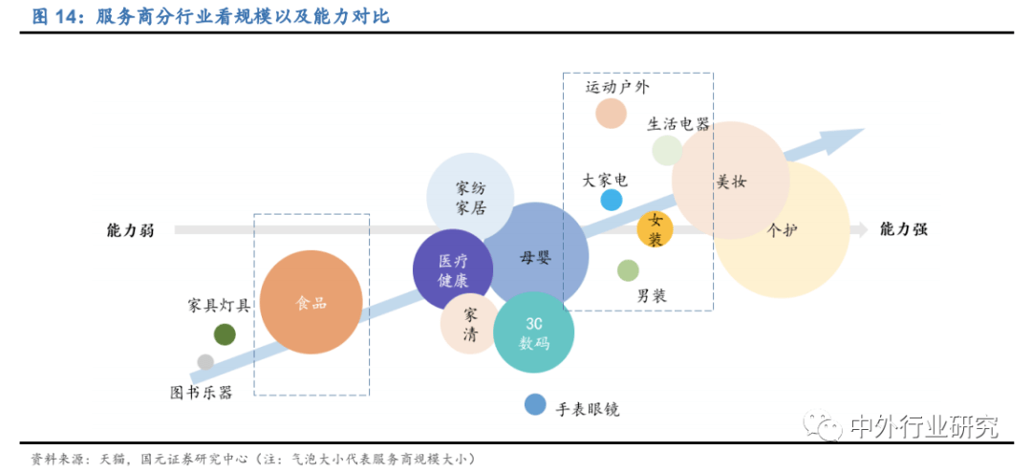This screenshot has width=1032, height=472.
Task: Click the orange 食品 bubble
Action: (x=311, y=304)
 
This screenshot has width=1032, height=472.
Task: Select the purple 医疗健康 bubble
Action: (x=453, y=269)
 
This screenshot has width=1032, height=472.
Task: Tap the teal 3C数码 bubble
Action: (x=533, y=333)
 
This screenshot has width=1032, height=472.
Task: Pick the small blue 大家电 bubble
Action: (x=612, y=200)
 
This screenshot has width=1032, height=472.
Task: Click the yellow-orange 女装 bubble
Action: (x=655, y=229)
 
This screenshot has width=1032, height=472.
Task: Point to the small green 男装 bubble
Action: (x=628, y=269)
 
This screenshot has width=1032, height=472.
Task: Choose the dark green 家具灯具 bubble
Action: (x=225, y=334)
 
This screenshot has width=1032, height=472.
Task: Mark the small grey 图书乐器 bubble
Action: (x=205, y=362)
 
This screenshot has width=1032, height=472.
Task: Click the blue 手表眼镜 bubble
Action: (x=535, y=405)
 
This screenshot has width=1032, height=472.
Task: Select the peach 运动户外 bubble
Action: (x=611, y=114)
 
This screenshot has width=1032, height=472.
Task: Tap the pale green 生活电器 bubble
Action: (x=667, y=150)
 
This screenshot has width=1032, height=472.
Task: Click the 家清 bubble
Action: (x=469, y=324)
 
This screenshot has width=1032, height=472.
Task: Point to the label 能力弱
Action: (x=130, y=230)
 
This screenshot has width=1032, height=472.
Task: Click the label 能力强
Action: (x=904, y=229)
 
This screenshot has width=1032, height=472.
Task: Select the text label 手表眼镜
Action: (x=588, y=410)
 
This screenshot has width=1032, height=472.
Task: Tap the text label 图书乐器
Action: (x=202, y=393)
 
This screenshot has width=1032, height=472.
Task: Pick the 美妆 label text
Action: (x=731, y=182)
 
